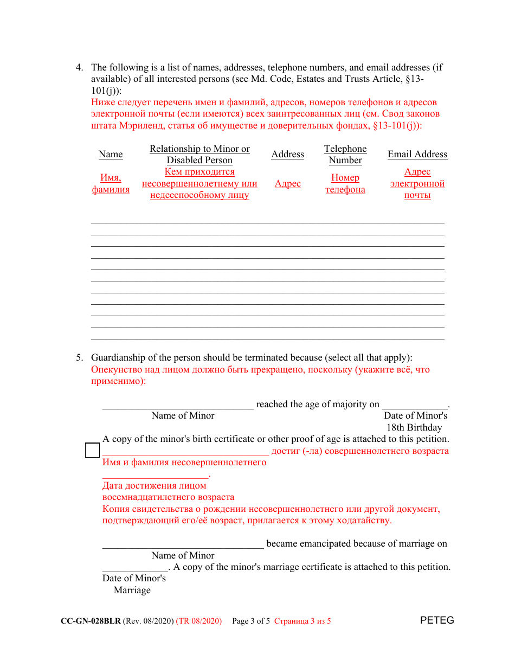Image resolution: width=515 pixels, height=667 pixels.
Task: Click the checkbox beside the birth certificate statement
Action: [x=92, y=450]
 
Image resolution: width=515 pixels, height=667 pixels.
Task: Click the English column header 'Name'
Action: [x=111, y=154]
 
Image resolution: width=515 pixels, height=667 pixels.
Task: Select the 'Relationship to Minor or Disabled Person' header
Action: [x=199, y=155]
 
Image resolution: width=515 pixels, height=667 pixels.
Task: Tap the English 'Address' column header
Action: [x=287, y=154]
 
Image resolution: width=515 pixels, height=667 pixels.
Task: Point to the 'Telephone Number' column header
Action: [x=345, y=155]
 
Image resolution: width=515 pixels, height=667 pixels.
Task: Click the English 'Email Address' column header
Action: [x=417, y=154]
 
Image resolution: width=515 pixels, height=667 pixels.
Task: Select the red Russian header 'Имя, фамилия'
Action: [x=111, y=183]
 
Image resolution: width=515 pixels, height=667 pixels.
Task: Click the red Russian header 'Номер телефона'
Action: [x=345, y=183]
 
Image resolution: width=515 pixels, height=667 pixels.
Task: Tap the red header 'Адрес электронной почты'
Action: [x=417, y=183]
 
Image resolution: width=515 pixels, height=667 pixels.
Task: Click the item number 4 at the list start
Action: [x=79, y=68]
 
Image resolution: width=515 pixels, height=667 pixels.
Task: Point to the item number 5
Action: [x=79, y=358]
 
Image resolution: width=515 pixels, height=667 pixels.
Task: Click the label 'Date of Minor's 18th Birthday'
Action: [x=415, y=421]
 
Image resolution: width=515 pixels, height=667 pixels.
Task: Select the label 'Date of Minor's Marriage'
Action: [x=134, y=584]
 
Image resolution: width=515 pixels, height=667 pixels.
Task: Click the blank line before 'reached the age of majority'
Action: [x=178, y=407]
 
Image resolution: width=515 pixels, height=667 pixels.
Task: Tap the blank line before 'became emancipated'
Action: [x=183, y=546]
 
